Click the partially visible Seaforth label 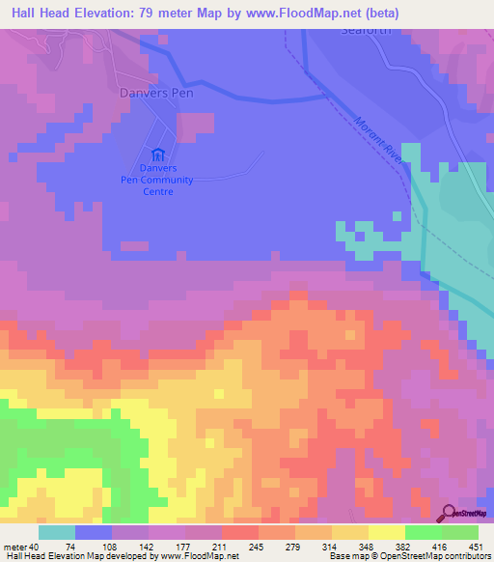pos(368,29)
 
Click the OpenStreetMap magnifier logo pos(450,513)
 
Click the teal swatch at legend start pos(56,532)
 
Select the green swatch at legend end pos(459,532)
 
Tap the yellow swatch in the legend pos(385,532)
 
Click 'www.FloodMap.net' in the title pos(302,13)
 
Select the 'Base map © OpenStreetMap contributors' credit pos(407,557)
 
